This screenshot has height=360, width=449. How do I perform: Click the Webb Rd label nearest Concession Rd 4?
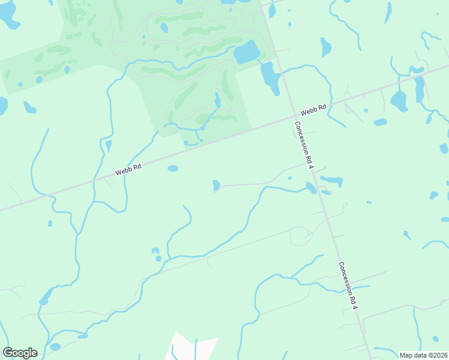[x=313, y=110]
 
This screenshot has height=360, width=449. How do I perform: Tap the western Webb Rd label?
[x=128, y=170]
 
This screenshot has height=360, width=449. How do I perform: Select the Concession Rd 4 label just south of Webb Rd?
[x=304, y=145]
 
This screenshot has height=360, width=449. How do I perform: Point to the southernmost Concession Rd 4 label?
[x=348, y=286]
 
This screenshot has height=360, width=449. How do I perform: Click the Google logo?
[x=20, y=353]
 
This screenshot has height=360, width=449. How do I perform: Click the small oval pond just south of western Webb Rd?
[x=173, y=169]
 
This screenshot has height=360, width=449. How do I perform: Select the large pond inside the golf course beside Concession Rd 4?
[x=247, y=52]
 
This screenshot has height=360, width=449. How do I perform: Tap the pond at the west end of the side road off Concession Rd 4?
[x=216, y=185]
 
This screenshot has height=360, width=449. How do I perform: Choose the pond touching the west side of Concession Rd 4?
[x=311, y=188]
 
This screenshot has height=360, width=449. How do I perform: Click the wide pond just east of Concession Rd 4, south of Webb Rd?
[x=332, y=180]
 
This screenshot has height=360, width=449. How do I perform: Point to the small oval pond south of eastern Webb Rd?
[x=380, y=122]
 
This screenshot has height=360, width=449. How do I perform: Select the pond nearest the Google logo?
[x=55, y=347]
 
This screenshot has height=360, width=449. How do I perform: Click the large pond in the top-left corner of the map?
[x=9, y=16]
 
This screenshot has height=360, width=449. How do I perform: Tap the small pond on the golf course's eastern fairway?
[x=217, y=100]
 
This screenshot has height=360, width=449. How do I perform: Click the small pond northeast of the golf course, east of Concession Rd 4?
[x=326, y=46]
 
